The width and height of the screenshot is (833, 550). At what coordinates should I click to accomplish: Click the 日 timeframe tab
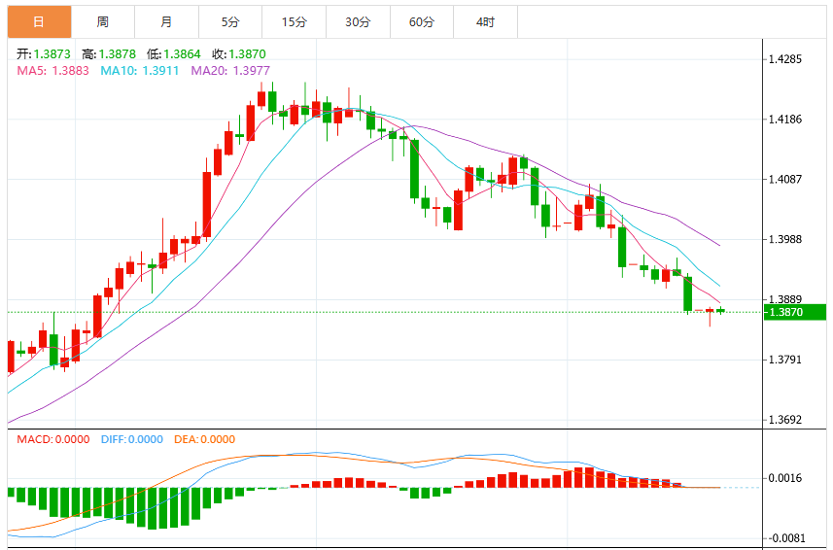click(x=39, y=21)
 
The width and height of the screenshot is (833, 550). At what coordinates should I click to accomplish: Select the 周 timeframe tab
click(x=102, y=21)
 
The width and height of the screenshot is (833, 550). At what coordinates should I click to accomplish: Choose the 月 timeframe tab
click(x=166, y=21)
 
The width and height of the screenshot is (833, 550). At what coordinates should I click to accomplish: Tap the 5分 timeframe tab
click(x=230, y=21)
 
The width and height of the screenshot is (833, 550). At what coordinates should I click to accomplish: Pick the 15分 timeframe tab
click(x=294, y=21)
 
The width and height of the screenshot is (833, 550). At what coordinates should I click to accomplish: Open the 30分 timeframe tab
click(x=358, y=21)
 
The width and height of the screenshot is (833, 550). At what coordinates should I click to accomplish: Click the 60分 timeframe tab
click(x=421, y=21)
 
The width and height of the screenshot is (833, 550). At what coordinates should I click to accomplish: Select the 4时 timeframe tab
click(x=485, y=21)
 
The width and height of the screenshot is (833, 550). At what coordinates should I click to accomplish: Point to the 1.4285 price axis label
click(x=785, y=59)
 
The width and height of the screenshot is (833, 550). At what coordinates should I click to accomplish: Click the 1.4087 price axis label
click(x=785, y=180)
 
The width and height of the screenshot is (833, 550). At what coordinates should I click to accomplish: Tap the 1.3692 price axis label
click(x=785, y=420)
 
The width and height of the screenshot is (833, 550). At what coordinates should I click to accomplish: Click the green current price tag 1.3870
click(x=795, y=312)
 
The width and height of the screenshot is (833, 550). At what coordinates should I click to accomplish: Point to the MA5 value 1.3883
click(x=70, y=71)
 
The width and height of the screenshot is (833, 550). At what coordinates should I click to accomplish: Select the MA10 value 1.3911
click(x=160, y=71)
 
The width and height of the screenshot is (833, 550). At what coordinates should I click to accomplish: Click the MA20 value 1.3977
click(x=252, y=71)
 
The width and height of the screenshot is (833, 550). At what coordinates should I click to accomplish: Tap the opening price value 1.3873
click(x=52, y=54)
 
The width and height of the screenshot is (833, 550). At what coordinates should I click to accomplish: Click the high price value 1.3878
click(x=118, y=54)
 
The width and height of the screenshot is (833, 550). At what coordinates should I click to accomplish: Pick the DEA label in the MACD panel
click(x=185, y=439)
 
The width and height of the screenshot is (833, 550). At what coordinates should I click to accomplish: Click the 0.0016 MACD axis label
click(x=785, y=478)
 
